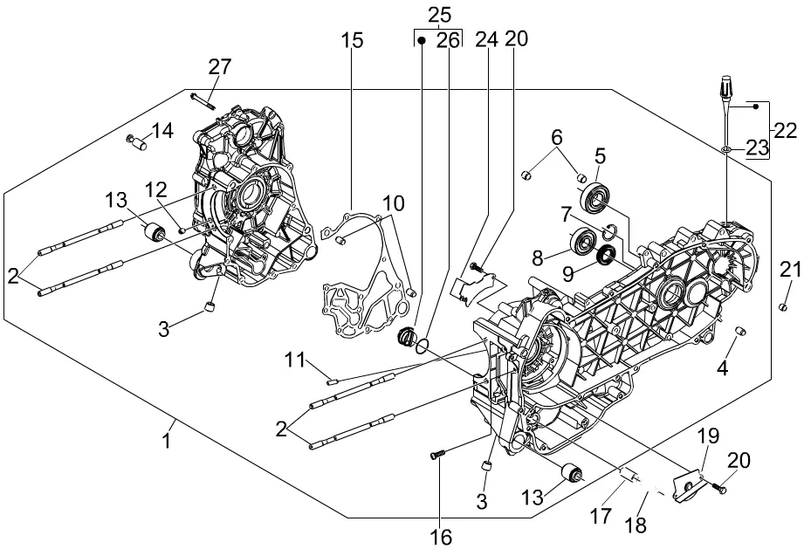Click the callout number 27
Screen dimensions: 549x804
tap(220, 67)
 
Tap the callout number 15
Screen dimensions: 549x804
tap(352, 40)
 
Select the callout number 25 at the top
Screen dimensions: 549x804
tap(439, 15)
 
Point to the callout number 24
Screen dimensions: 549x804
tap(487, 39)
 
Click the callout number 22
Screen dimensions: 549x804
tap(786, 131)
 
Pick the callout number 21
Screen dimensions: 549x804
tap(790, 271)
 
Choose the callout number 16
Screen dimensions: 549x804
tap(442, 536)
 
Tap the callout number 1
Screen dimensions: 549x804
tap(166, 441)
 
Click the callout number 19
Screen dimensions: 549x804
tap(708, 436)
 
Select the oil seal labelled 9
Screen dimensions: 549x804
tap(603, 255)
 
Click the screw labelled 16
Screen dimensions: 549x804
tap(438, 453)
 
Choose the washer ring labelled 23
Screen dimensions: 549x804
tap(726, 150)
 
